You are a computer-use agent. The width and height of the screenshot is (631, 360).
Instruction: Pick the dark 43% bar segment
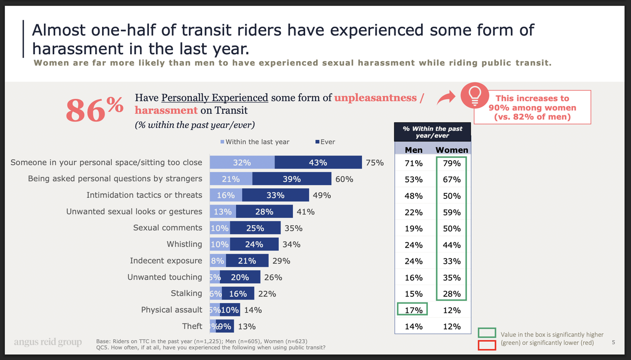pyautogui.click(x=318, y=162)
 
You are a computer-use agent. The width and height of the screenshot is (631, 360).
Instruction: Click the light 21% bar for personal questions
pyautogui.click(x=231, y=179)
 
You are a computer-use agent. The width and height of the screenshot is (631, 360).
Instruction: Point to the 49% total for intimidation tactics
pyautogui.click(x=321, y=195)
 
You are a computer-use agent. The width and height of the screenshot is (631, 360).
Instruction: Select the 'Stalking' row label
pyautogui.click(x=186, y=293)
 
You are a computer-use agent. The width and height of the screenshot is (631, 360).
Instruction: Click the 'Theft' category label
pyautogui.click(x=192, y=326)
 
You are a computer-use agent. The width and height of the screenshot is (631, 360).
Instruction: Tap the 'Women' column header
pyautogui.click(x=452, y=150)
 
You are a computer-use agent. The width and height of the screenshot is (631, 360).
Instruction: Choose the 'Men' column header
pyautogui.click(x=414, y=150)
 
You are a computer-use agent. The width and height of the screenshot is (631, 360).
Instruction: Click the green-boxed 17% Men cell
pyautogui.click(x=413, y=310)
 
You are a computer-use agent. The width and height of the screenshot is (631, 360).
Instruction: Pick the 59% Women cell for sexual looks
pyautogui.click(x=452, y=212)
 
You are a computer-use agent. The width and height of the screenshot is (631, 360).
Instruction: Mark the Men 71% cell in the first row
pyautogui.click(x=414, y=163)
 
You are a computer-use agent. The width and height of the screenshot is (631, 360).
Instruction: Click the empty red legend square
pyautogui.click(x=486, y=345)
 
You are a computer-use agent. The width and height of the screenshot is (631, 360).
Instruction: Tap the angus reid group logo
pyautogui.click(x=48, y=342)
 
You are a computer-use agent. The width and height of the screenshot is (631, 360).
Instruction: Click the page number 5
pyautogui.click(x=613, y=342)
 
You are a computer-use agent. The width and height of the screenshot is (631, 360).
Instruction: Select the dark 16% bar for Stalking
pyautogui.click(x=238, y=293)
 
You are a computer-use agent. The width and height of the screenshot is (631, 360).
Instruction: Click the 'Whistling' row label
pyautogui.click(x=184, y=244)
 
